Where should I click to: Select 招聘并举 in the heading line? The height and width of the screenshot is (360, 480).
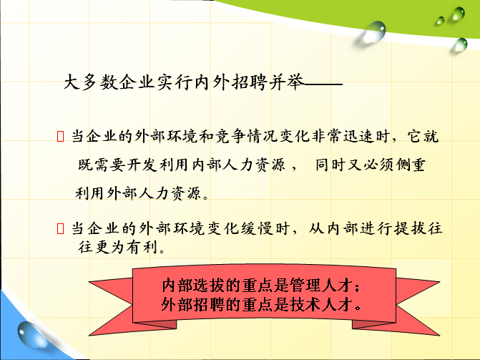pyautogui.click(x=268, y=82)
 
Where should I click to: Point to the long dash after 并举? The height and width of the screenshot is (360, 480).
pyautogui.click(x=323, y=83)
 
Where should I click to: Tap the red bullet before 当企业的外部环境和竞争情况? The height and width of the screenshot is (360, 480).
pyautogui.click(x=60, y=136)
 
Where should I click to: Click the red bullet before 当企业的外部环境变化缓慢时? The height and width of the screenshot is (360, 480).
pyautogui.click(x=60, y=228)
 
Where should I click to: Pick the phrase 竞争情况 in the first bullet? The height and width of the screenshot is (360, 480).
pyautogui.click(x=246, y=136)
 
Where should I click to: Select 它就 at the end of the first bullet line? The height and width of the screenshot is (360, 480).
pyautogui.click(x=423, y=136)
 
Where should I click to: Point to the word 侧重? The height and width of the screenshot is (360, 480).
pyautogui.click(x=411, y=165)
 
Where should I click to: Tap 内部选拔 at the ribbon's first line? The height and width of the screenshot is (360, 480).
pyautogui.click(x=193, y=285)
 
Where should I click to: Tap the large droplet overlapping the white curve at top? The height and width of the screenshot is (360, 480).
pyautogui.click(x=374, y=31)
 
